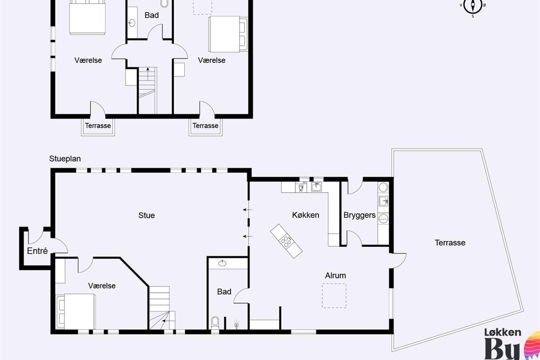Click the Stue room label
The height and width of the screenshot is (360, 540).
pos(147,215)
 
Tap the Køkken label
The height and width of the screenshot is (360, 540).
pos(306,215)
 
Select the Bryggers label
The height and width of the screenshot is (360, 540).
pos(360,215)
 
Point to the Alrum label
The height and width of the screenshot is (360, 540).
pos(335,275)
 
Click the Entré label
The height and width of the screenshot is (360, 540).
pos(37,251)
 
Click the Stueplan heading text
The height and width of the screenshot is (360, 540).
pos(65,159)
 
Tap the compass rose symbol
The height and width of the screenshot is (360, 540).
pos(473,6)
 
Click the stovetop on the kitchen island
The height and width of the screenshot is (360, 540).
pos(286,242)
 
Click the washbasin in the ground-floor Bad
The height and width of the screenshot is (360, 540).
pos(222,263)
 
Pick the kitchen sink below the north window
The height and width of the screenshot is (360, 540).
pos(316,187)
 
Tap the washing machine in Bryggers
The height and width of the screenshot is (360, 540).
pos(383,219)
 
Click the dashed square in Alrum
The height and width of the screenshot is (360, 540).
pos(334,296)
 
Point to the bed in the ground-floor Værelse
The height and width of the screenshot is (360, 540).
pos(76,311)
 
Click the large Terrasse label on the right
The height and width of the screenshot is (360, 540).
pos(450,243)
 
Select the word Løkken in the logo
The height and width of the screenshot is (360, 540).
pos(503,333)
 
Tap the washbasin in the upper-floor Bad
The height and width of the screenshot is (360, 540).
pos(131,23)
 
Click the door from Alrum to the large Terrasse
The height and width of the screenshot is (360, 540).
pos(398,261)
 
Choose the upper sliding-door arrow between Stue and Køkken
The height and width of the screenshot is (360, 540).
pos(247,210)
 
